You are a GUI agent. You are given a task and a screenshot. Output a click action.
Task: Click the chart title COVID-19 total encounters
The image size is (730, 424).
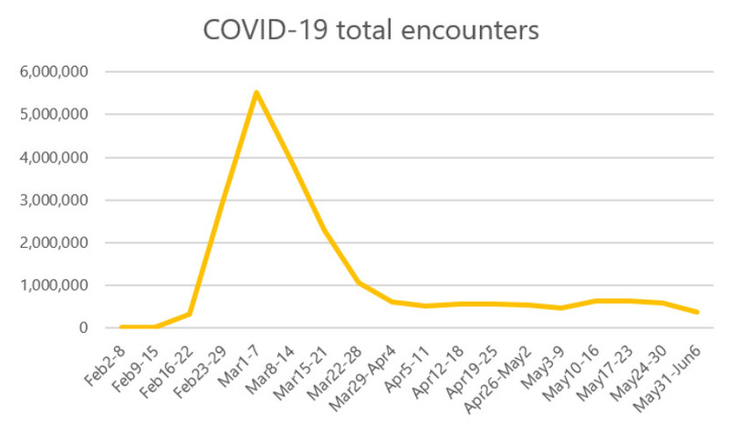click(370, 30)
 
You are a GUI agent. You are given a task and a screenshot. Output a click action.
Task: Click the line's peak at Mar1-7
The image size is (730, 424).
click(256, 92)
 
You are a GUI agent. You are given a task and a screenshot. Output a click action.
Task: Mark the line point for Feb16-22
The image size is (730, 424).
click(189, 314)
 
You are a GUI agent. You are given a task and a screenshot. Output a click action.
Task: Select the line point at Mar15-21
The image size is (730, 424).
click(324, 229)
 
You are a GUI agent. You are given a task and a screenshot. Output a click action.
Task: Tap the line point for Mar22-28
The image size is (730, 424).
click(358, 283)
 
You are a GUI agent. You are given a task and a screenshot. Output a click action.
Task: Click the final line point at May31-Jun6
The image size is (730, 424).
click(697, 312)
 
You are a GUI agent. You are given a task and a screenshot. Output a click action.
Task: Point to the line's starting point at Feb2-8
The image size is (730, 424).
click(121, 326)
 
